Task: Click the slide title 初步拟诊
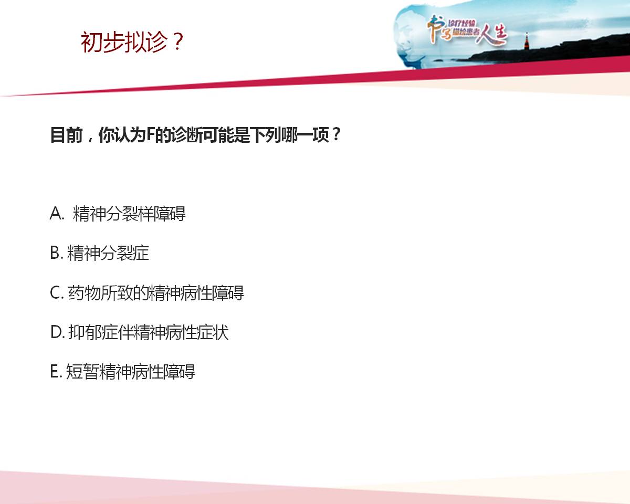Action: (124, 42)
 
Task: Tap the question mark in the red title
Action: (177, 41)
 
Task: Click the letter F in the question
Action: (150, 134)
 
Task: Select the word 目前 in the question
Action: (67, 135)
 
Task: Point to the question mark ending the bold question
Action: (337, 134)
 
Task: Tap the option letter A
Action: (56, 213)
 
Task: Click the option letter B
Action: (55, 253)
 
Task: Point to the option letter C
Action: (55, 292)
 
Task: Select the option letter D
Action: (56, 332)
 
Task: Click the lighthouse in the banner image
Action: (527, 41)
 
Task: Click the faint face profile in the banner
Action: (410, 38)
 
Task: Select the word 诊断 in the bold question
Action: (186, 135)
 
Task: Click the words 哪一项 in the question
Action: (305, 135)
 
